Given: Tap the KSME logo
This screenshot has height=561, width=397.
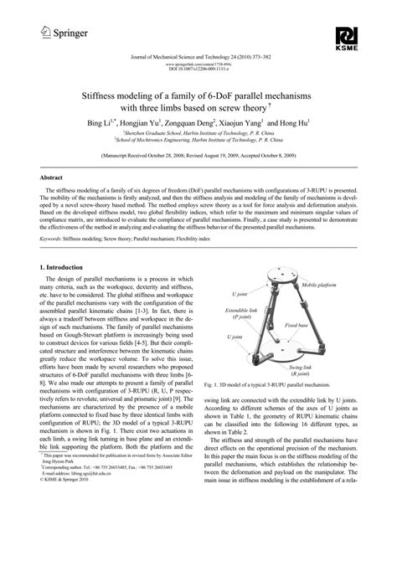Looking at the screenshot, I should coord(348,37).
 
